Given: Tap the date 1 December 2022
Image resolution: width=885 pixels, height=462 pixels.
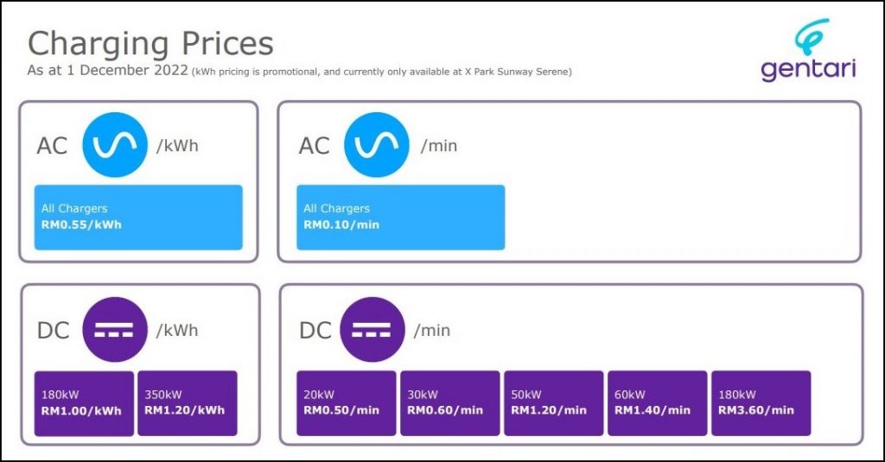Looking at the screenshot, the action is pyautogui.click(x=126, y=71).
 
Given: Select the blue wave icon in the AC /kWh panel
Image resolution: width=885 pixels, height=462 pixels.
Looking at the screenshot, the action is pyautogui.click(x=115, y=145).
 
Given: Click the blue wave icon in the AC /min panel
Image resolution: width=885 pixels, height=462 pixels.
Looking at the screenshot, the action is pyautogui.click(x=377, y=145).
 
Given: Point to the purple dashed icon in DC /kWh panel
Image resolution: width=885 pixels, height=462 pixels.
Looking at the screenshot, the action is pyautogui.click(x=115, y=329).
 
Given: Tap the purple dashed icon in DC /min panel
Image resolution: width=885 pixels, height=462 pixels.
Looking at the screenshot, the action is pyautogui.click(x=372, y=329).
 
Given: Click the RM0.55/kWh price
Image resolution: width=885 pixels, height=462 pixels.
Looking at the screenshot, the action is pyautogui.click(x=81, y=225).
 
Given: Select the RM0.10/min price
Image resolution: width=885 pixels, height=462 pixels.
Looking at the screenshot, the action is pyautogui.click(x=341, y=225).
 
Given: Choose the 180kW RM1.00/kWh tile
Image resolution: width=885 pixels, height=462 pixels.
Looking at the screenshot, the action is pyautogui.click(x=84, y=403).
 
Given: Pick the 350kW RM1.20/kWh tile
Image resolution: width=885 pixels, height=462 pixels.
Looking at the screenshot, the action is pyautogui.click(x=188, y=403).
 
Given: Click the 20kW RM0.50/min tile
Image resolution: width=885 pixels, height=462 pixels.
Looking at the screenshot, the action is pyautogui.click(x=347, y=403).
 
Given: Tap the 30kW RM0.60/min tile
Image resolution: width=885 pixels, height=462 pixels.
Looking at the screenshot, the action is pyautogui.click(x=449, y=403).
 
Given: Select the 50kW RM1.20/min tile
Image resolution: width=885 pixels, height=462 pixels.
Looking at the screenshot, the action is pyautogui.click(x=554, y=403).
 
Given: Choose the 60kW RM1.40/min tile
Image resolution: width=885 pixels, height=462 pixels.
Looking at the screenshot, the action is pyautogui.click(x=657, y=403).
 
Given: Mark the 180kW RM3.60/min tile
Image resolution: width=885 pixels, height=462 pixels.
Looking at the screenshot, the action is pyautogui.click(x=761, y=403).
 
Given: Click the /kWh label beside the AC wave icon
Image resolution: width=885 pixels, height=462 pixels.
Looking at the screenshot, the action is pyautogui.click(x=177, y=146).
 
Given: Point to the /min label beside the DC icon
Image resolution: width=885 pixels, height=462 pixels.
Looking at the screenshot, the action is pyautogui.click(x=432, y=330).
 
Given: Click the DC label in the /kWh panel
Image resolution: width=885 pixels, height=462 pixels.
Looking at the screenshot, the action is pyautogui.click(x=53, y=331).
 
